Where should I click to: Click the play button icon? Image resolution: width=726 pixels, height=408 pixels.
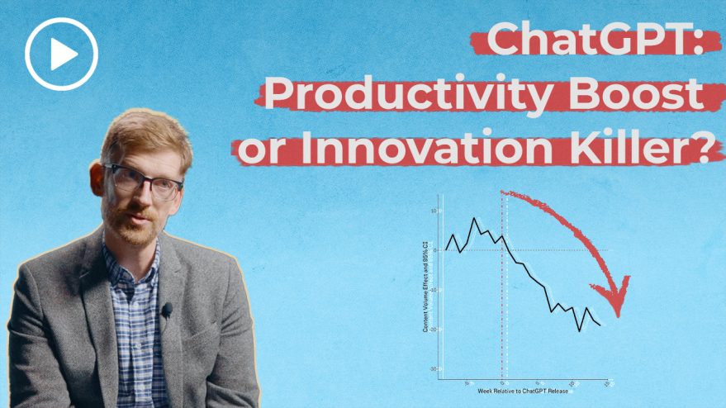[x=61, y=55]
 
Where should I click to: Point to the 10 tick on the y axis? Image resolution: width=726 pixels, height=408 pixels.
[x=435, y=211]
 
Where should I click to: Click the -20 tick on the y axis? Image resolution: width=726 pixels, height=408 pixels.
[x=435, y=330]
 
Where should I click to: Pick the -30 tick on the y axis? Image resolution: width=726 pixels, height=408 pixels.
[x=435, y=369]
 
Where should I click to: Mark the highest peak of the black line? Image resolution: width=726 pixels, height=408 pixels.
[x=473, y=219]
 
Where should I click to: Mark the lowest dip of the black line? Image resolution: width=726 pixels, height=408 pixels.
[x=580, y=331]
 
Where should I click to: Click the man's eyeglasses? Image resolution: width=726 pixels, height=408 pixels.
[x=145, y=181]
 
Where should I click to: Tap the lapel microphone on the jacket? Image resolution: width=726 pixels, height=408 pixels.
[x=167, y=310]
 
